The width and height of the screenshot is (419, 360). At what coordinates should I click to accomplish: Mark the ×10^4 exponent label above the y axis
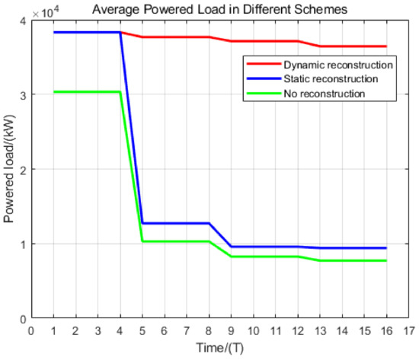coord(43,10)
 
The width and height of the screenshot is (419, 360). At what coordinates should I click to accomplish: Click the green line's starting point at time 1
coord(53,92)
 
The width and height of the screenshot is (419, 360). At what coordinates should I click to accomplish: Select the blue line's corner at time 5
coord(142,223)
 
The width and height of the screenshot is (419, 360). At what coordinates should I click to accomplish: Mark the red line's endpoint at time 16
coord(386,46)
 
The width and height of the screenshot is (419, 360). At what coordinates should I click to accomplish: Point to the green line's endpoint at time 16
coord(386,261)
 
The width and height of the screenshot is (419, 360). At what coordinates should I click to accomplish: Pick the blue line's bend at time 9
coord(231,247)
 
